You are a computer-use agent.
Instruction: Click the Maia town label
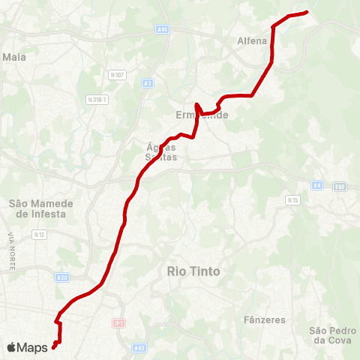(14, 56)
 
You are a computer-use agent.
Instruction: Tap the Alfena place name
(251, 41)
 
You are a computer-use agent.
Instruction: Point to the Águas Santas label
(160, 152)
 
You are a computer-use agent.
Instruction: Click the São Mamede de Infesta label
(37, 208)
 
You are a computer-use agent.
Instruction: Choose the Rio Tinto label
(193, 271)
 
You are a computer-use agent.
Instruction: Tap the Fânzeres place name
(265, 319)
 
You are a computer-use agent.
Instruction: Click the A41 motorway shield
(163, 29)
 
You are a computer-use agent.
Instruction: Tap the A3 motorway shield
(148, 82)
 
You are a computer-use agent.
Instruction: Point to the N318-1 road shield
(98, 99)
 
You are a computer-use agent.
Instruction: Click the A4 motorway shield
(317, 185)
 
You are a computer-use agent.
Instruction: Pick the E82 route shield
(340, 186)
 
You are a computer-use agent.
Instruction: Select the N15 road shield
(293, 200)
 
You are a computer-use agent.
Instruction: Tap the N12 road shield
(40, 235)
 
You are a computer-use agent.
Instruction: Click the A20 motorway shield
(62, 277)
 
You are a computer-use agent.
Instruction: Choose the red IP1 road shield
(118, 323)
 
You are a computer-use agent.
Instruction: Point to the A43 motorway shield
(139, 347)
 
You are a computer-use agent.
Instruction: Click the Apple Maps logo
(28, 347)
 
